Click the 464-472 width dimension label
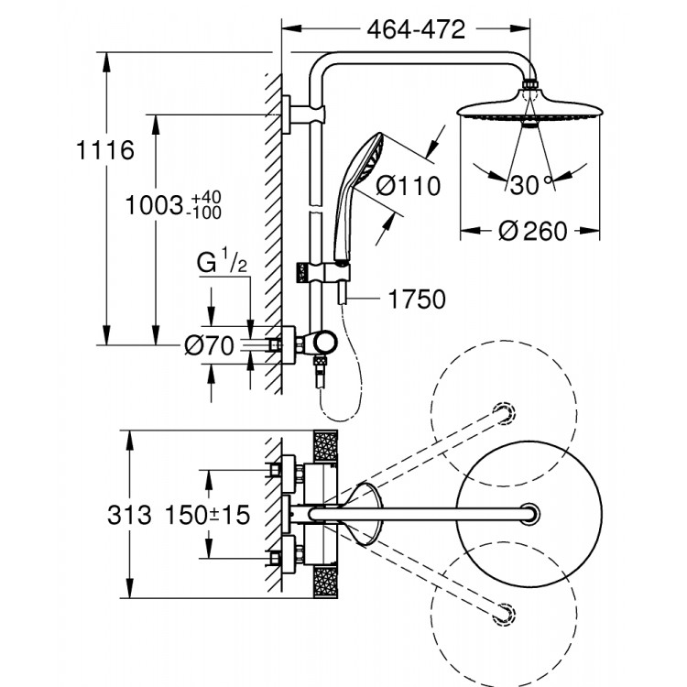coord(417,28)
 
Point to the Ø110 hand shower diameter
coord(408,185)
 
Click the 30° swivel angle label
coord(532,185)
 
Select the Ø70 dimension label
coord(210,345)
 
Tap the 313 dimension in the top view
coord(128,515)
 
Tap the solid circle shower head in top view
coord(530,515)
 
